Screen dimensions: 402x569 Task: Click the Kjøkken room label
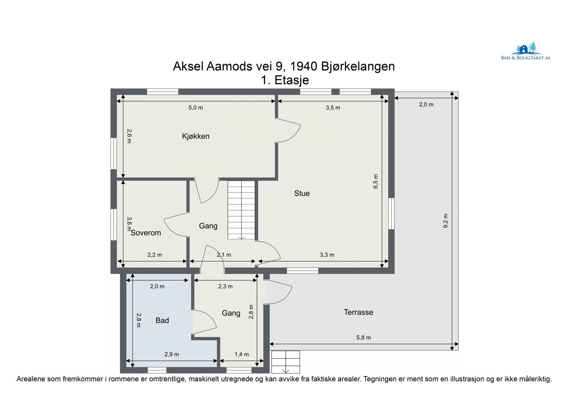pyautogui.click(x=195, y=136)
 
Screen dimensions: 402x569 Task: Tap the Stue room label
pyautogui.click(x=302, y=193)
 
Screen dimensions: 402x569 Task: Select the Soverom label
pyautogui.click(x=146, y=233)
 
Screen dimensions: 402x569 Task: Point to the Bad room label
pyautogui.click(x=162, y=320)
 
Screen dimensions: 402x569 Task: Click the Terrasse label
pyautogui.click(x=358, y=312)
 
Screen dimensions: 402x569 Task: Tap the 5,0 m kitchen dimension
pyautogui.click(x=196, y=107)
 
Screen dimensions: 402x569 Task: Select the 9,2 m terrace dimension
pyautogui.click(x=445, y=221)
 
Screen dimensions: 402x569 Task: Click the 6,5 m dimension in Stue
pyautogui.click(x=376, y=181)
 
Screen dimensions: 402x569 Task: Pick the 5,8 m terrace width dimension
pyautogui.click(x=363, y=337)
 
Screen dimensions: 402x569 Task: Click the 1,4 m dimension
pyautogui.click(x=241, y=354)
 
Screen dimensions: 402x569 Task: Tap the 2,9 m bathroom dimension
pyautogui.click(x=171, y=354)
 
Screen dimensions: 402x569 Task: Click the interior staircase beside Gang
pyautogui.click(x=241, y=210)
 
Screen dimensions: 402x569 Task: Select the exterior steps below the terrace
pyautogui.click(x=285, y=362)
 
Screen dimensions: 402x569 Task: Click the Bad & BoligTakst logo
pyautogui.click(x=525, y=52)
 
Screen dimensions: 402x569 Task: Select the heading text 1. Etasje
pyautogui.click(x=284, y=80)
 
